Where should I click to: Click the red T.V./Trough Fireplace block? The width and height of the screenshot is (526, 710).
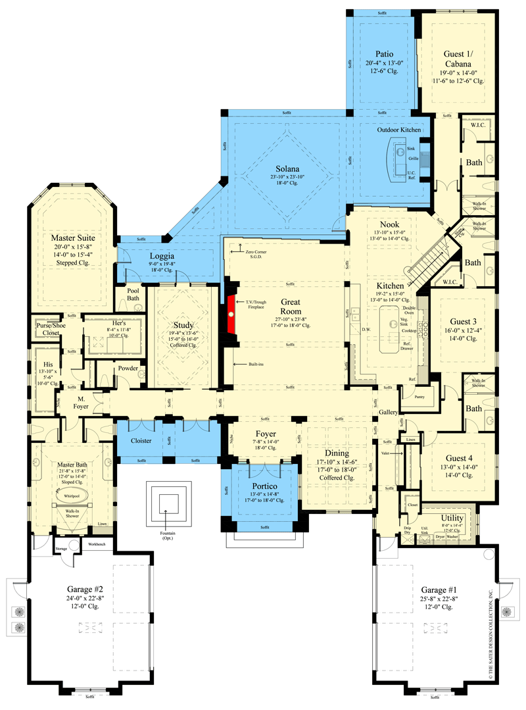pos(232,315)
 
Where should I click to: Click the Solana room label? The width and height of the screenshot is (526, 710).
pos(285,168)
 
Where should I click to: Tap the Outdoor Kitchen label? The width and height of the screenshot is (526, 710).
pos(398,130)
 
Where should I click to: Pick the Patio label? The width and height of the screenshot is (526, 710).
pos(384,53)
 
